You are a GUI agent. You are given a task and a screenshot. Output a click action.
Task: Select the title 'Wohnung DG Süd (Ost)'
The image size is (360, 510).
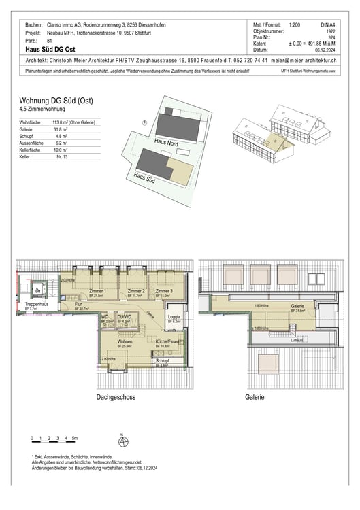[56, 101]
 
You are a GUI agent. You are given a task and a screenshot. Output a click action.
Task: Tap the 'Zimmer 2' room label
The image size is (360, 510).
[135, 291]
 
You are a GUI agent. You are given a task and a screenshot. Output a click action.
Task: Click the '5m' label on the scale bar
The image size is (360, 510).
[74, 439]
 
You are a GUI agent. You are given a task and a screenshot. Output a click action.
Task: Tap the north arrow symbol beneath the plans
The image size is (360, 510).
[122, 443]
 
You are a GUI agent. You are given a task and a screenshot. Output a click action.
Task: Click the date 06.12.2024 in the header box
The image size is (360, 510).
[325, 50]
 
